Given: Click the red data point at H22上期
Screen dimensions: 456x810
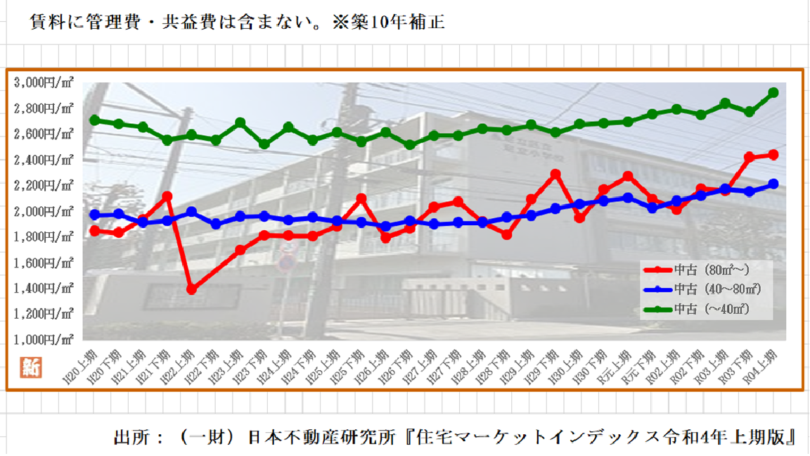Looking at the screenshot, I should [192, 289].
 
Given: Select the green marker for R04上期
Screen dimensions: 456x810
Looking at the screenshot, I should [773, 93].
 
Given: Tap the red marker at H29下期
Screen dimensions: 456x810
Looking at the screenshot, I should [555, 174].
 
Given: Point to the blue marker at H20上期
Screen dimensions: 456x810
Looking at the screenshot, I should [95, 215].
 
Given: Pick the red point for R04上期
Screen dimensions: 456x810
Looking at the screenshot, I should [773, 155].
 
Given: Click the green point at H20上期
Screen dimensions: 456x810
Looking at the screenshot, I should [95, 120].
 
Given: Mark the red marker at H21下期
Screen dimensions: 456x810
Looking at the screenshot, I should [167, 196].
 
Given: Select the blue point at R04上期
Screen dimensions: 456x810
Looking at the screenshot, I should [773, 184].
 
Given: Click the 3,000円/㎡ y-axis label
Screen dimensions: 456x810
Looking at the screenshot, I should [44, 82].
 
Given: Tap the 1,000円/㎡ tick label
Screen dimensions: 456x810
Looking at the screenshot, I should [44, 340].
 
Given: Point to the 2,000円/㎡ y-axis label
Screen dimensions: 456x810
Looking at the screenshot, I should [44, 211].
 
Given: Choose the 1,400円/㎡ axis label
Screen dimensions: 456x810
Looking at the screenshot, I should [44, 289].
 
